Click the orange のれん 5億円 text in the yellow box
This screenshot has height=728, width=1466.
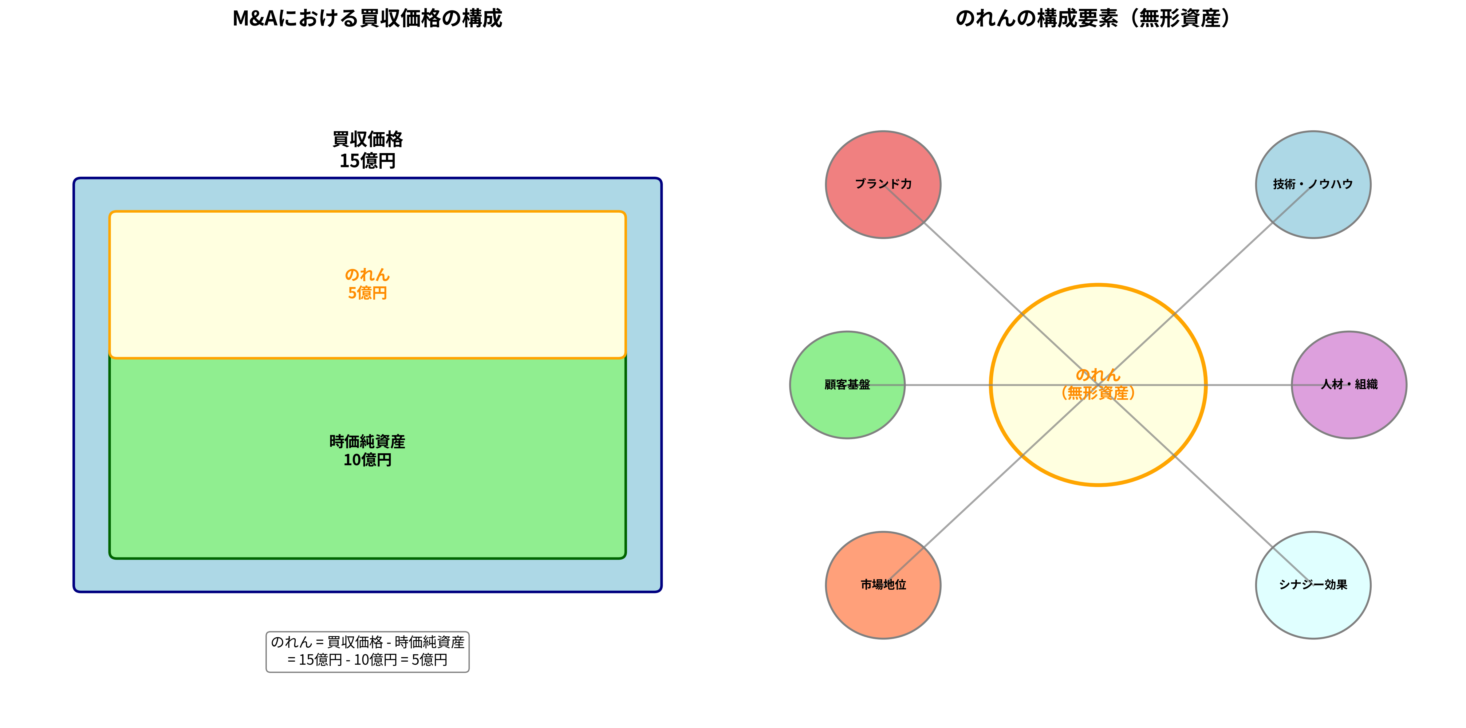pos(367,283)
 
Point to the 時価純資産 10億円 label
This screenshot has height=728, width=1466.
pos(367,450)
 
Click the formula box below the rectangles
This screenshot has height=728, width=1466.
pos(367,651)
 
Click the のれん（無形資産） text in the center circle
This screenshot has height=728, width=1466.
pos(1098,384)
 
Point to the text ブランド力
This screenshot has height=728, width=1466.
pos(883,184)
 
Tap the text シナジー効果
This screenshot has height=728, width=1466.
pos(1313,584)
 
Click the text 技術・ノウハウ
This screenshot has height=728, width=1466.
pos(1313,184)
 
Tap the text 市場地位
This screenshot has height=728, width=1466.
pos(883,584)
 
